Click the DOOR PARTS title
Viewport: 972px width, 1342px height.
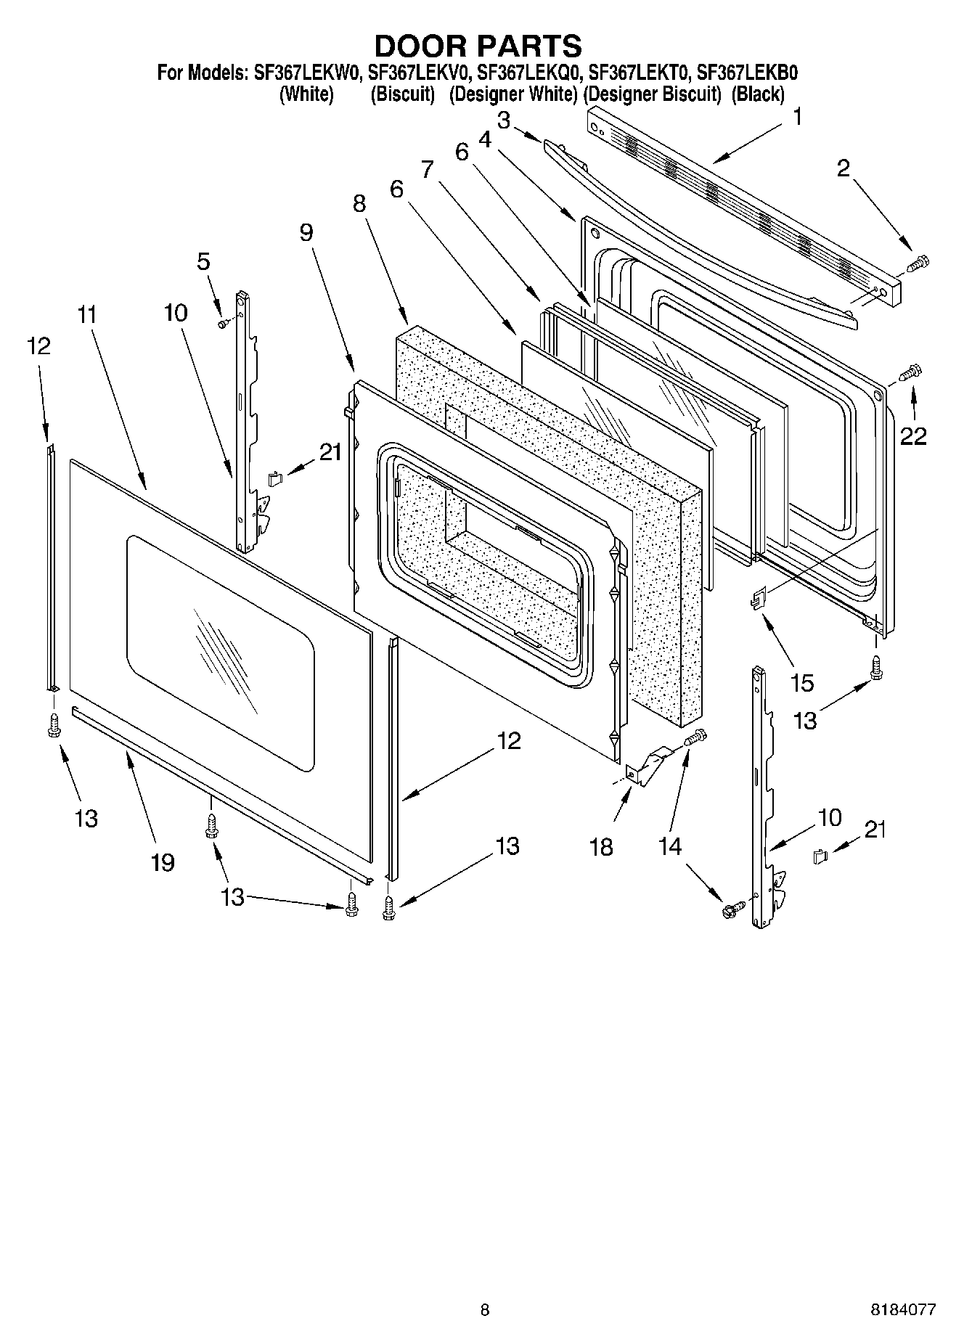coord(478,46)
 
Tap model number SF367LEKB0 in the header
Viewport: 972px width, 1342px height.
coord(747,73)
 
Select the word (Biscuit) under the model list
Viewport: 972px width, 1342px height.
coord(402,94)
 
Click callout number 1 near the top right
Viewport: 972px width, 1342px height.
coord(797,118)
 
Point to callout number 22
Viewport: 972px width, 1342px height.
coord(914,436)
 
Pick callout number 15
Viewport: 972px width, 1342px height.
coord(802,683)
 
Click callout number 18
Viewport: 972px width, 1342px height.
coord(602,846)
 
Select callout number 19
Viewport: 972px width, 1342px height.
coord(163,862)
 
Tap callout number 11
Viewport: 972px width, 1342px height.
coord(87,315)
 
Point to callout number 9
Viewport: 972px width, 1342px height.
coord(306,232)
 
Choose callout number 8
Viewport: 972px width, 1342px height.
coord(359,204)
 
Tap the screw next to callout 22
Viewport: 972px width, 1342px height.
coord(909,375)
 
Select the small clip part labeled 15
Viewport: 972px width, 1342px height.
coord(758,600)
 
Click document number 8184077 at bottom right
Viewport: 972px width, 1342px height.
coord(903,1310)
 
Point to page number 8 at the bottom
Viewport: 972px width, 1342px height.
coord(485,1310)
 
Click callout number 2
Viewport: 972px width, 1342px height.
coord(843,169)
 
